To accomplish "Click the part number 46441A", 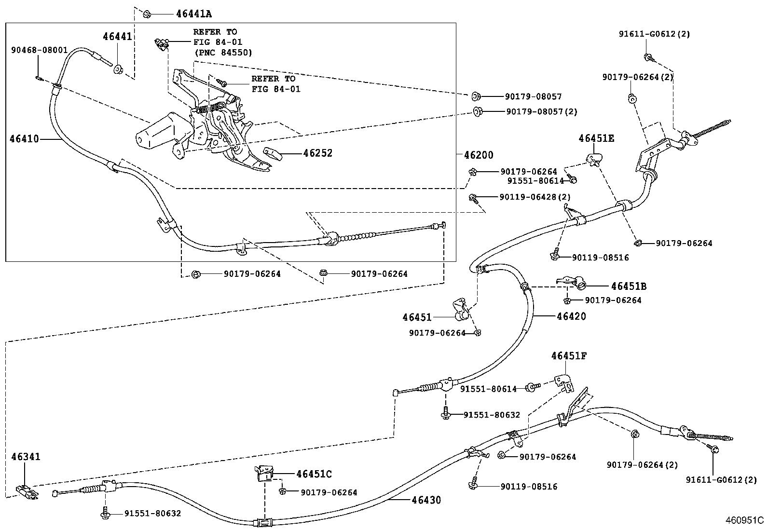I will point(193,14).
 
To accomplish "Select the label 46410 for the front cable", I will point(24,139).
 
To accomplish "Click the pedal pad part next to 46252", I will point(274,154).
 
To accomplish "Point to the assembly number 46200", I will point(479,155).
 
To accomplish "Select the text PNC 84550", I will point(223,52).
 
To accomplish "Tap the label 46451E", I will point(596,139).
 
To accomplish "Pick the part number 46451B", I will point(628,286).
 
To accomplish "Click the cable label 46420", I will point(571,316).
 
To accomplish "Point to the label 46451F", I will point(569,356).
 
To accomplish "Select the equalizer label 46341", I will point(26,456).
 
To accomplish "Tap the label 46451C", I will point(314,474).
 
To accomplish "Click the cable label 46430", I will point(426,500).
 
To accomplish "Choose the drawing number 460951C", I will point(745,520).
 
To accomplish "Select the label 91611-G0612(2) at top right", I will point(654,34).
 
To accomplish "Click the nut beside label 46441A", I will point(147,14).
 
